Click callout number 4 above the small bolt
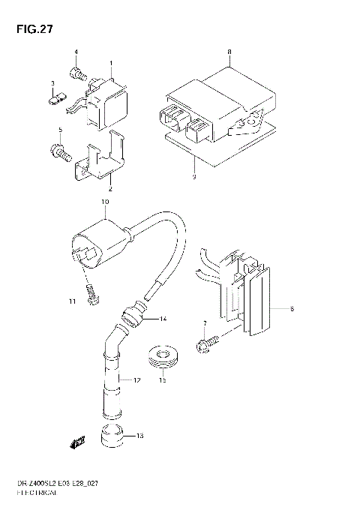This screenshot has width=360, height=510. click(x=76, y=51)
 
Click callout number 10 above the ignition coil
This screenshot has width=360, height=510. click(x=105, y=202)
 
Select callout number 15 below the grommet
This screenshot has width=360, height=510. click(x=161, y=380)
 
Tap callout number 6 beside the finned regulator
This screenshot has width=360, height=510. click(x=291, y=308)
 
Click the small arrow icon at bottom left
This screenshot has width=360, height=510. click(x=76, y=442)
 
